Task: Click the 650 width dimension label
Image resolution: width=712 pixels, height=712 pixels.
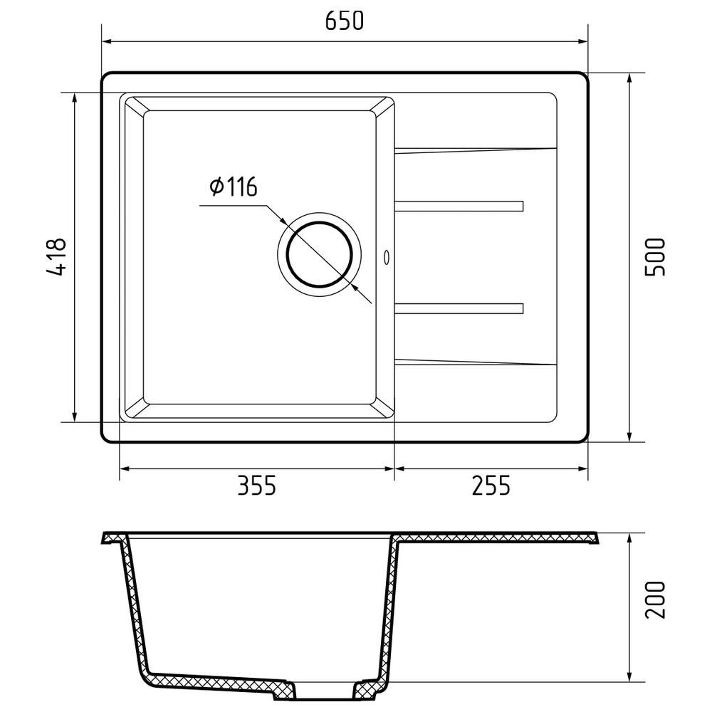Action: (x=345, y=21)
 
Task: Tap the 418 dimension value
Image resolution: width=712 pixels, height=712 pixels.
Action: (x=56, y=256)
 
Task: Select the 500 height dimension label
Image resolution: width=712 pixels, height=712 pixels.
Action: (x=654, y=256)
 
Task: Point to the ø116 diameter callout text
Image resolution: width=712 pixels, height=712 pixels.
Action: (x=233, y=187)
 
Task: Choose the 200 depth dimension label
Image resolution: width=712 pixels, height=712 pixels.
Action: (x=654, y=600)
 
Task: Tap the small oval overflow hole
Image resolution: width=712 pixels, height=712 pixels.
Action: (x=387, y=256)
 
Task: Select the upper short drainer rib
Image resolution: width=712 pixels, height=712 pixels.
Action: (x=459, y=206)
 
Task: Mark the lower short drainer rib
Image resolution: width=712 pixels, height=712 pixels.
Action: (x=459, y=308)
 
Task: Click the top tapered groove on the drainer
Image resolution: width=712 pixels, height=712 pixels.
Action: (x=475, y=150)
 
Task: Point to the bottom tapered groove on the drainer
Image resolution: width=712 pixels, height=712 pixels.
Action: (x=475, y=362)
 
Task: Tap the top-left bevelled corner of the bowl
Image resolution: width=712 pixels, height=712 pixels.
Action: (x=135, y=105)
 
